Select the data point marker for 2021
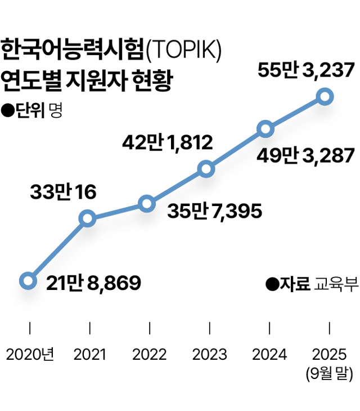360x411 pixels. point(87,218)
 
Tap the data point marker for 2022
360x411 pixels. point(146,204)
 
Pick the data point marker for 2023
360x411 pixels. point(206,169)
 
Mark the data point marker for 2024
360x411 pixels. point(265,129)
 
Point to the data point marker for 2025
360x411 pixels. point(325,97)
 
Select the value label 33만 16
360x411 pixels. point(63,193)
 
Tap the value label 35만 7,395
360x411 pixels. point(215,212)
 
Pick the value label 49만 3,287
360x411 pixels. point(305,155)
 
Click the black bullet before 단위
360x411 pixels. point(8,110)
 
